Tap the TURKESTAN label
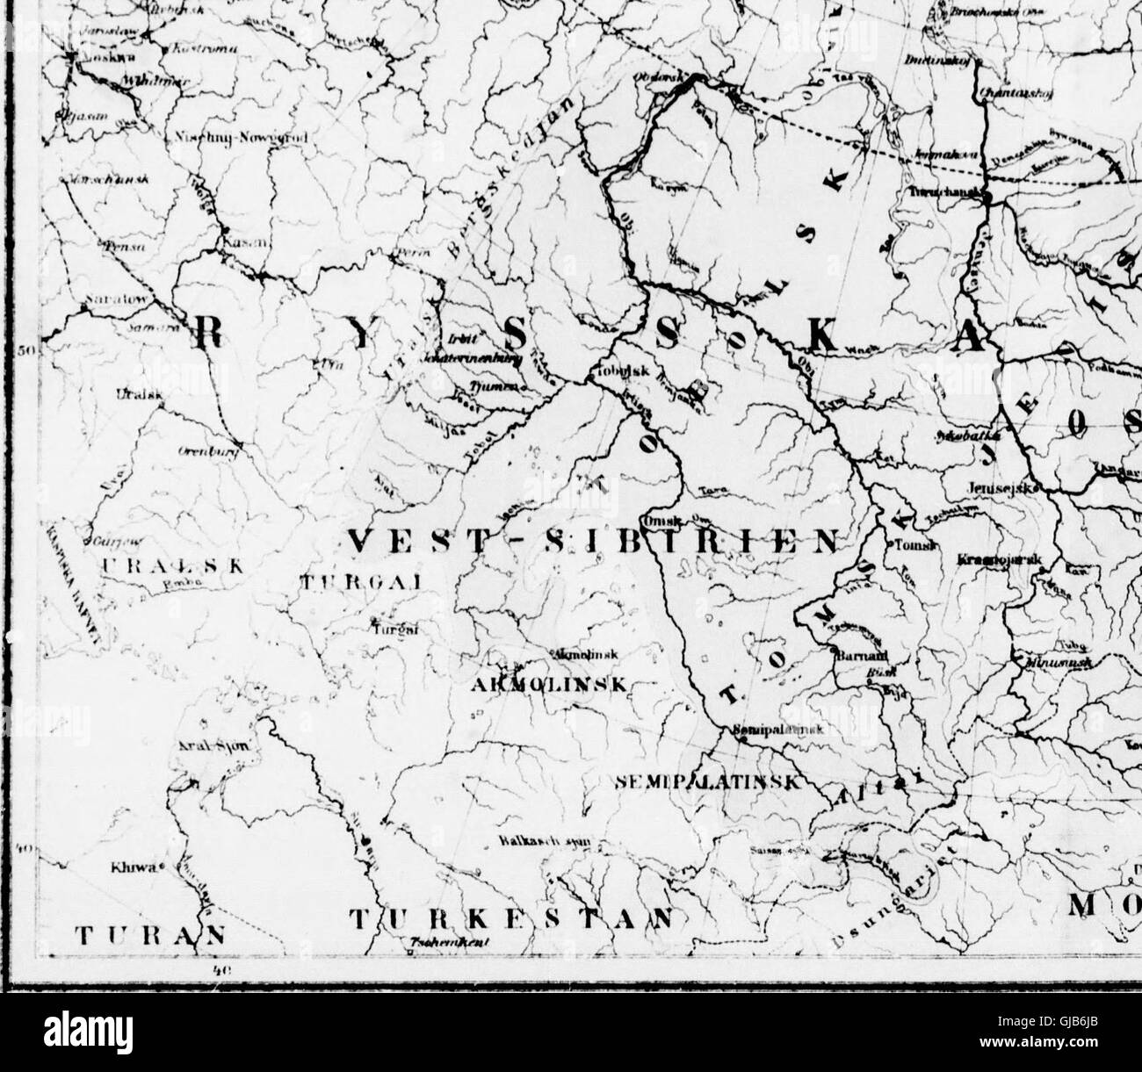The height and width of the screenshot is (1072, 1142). (516, 919)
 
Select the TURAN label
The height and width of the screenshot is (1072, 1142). (147, 935)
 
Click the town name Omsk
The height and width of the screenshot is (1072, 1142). (657, 520)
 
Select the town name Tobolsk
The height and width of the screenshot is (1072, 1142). (625, 371)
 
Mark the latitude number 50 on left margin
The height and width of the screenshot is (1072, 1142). (26, 352)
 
